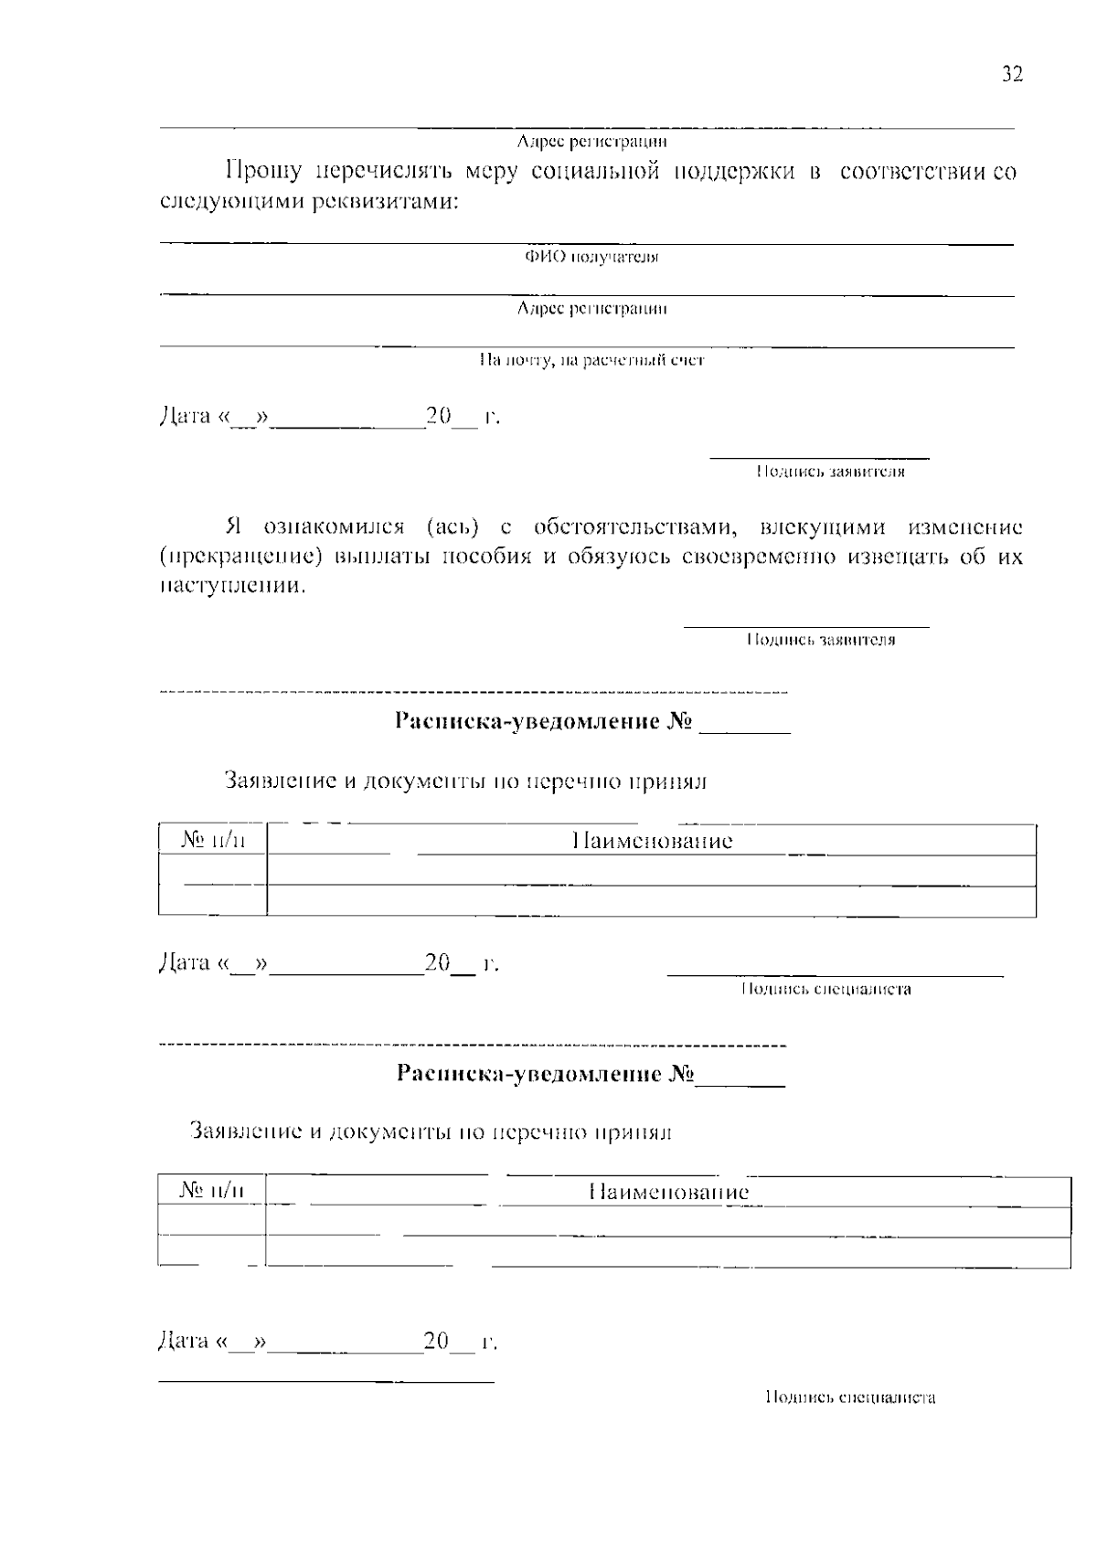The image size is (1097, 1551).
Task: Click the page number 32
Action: pyautogui.click(x=1012, y=75)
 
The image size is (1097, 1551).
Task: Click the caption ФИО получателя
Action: pyautogui.click(x=591, y=257)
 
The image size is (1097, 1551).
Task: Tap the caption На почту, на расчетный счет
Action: pyautogui.click(x=591, y=361)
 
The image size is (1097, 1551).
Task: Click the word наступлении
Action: pyautogui.click(x=232, y=586)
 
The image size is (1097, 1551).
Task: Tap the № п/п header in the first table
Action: pyautogui.click(x=212, y=840)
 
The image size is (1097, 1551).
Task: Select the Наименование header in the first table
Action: pyautogui.click(x=652, y=841)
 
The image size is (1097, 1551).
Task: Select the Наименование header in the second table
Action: pyautogui.click(x=668, y=1192)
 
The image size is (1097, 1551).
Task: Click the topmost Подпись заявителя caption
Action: pyautogui.click(x=829, y=473)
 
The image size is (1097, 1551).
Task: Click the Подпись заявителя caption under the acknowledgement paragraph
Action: pyautogui.click(x=820, y=641)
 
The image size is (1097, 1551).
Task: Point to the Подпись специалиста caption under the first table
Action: pyautogui.click(x=825, y=989)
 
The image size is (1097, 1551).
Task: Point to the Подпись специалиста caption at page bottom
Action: pyautogui.click(x=850, y=1397)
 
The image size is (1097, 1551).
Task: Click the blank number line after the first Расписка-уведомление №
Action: pyautogui.click(x=744, y=728)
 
